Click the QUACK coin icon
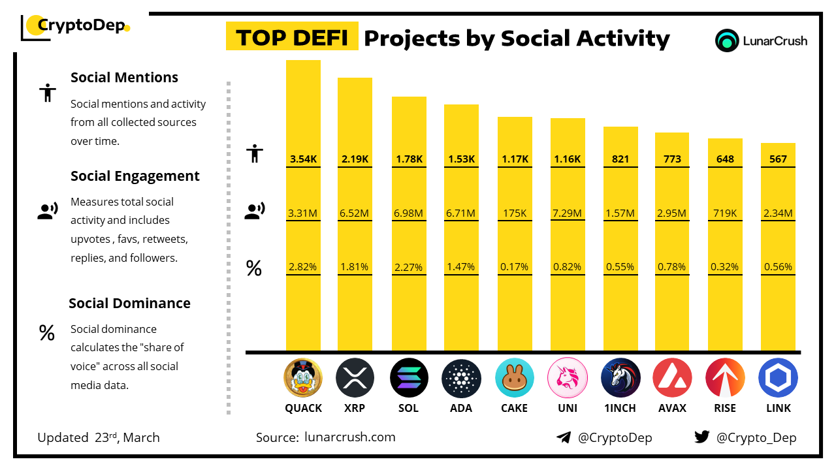tap(303, 378)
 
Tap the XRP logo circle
tap(355, 378)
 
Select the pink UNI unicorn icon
tap(567, 378)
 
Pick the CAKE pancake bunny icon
tap(515, 378)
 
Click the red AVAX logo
tap(672, 378)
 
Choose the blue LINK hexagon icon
tap(778, 378)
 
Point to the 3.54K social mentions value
tap(303, 159)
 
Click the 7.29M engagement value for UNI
tap(567, 213)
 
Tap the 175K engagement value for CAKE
tap(515, 213)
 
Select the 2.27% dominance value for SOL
tap(409, 266)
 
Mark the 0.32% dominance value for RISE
tap(725, 266)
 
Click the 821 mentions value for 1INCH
tap(620, 159)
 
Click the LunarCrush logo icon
tap(727, 40)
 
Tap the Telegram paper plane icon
tap(564, 437)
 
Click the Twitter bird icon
tap(702, 437)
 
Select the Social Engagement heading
tap(135, 176)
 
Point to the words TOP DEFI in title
tap(291, 38)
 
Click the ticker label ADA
tap(461, 408)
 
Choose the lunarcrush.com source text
tap(349, 437)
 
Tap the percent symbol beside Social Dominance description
tap(46, 334)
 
